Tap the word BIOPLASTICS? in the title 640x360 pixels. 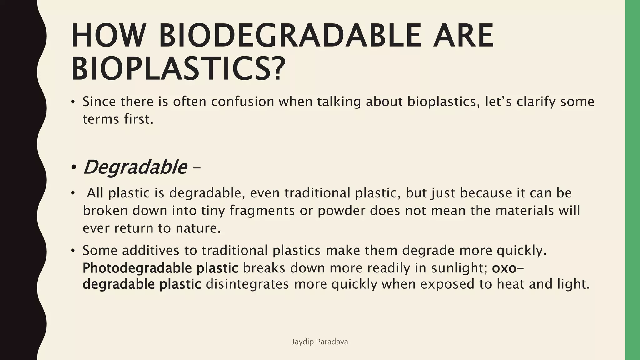(x=178, y=68)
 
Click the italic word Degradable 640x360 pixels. (x=135, y=167)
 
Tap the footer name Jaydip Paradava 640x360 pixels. (x=320, y=342)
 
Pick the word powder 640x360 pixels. (x=341, y=211)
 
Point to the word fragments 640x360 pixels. (x=262, y=211)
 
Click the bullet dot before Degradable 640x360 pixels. (x=73, y=168)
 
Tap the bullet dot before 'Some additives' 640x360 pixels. (x=73, y=251)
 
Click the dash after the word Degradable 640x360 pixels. (x=197, y=169)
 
